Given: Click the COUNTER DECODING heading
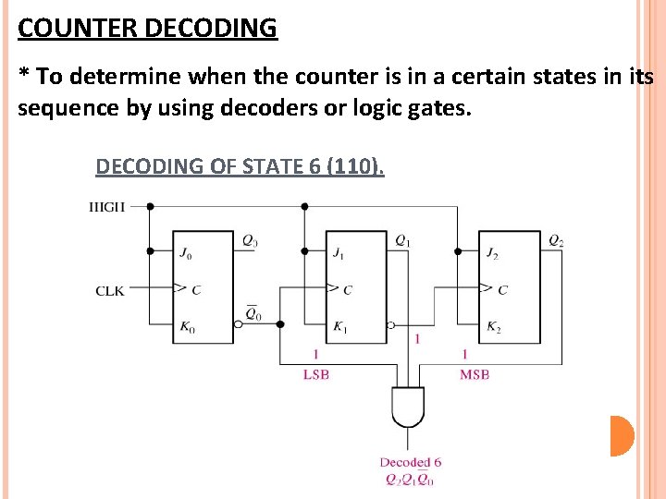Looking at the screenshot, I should pos(147,28).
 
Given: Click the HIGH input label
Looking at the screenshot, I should pos(106,207).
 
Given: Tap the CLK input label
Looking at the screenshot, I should pos(109,291).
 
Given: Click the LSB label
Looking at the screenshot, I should pos(316,374).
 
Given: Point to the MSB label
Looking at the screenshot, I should pos(474,374).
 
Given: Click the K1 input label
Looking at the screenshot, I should pos(339,327).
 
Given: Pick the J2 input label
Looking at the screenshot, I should pos(492,251).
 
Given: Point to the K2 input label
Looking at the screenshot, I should pos(493,327).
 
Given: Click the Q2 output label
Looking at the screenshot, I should pos(556,241).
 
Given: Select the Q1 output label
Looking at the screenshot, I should pos(402,241).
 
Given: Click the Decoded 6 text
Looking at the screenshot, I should pos(410,462).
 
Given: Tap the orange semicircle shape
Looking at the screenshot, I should pos(622,436).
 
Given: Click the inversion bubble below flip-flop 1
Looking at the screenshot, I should pos(391,325).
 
